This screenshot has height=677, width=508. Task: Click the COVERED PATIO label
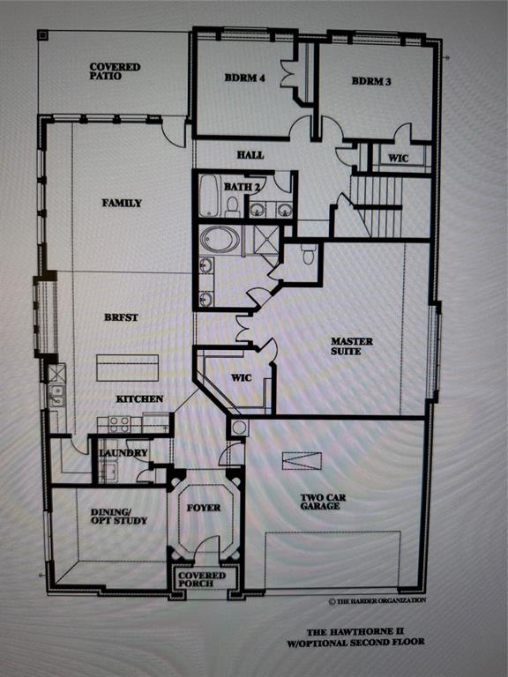(x=115, y=71)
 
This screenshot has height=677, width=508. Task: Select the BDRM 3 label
(x=370, y=81)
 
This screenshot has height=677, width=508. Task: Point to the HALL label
(x=250, y=155)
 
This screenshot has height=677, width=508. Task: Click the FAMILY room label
(x=122, y=203)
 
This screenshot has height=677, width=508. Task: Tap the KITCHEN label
(x=139, y=398)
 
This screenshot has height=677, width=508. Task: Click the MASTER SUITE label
(x=352, y=346)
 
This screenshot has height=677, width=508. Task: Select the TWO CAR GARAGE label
(x=323, y=502)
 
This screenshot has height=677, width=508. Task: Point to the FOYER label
(x=204, y=508)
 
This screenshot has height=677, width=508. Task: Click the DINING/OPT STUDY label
(x=119, y=516)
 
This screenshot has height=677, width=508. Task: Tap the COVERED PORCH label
(x=203, y=580)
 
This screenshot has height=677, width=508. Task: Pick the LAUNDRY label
(x=116, y=453)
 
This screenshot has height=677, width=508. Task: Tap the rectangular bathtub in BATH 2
(x=210, y=196)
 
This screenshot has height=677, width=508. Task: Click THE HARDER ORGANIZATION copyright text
(x=377, y=600)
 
